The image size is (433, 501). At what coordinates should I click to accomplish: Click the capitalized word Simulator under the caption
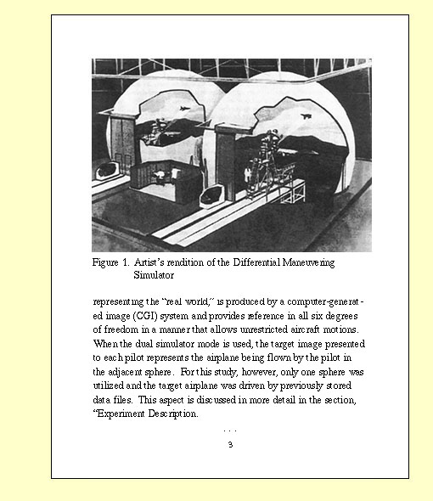tap(154, 275)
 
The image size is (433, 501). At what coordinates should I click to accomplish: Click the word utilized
tap(111, 386)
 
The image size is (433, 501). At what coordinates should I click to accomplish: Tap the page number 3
tap(229, 444)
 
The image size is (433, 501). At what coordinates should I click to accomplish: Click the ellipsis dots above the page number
tap(229, 431)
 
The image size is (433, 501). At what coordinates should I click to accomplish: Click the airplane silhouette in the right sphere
tap(307, 116)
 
